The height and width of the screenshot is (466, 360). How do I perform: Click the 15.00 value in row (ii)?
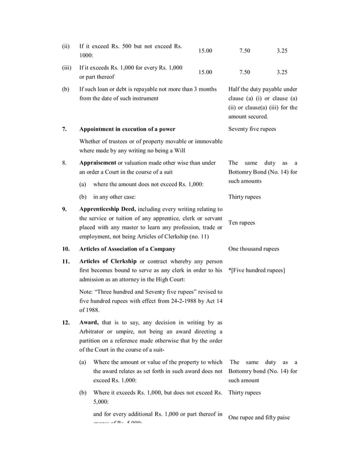tap(205, 51)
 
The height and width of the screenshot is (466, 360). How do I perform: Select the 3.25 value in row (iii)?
tap(282, 72)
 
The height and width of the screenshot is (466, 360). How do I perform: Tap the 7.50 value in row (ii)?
tap(245, 51)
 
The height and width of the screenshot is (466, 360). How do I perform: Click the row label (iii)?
tap(67, 68)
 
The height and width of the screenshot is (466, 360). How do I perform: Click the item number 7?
tap(64, 129)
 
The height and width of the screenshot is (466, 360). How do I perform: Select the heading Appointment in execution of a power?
tap(127, 129)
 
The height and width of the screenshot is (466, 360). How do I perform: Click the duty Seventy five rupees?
tap(252, 129)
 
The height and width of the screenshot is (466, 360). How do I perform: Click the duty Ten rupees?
tap(242, 223)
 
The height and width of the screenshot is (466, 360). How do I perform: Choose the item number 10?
tap(65, 249)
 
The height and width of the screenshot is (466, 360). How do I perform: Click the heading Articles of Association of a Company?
tap(127, 249)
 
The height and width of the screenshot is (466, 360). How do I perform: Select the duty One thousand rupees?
tap(254, 249)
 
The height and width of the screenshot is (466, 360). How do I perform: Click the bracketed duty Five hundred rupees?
tap(257, 270)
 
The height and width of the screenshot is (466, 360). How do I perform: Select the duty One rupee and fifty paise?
tap(259, 417)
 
